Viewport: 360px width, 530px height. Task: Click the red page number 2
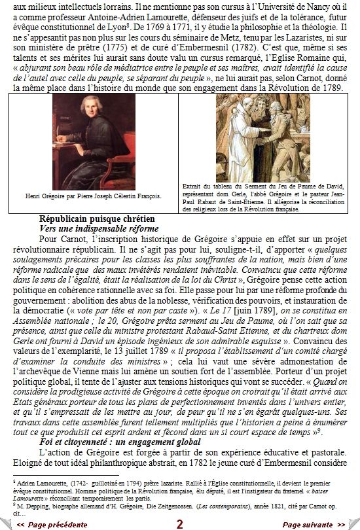click(180, 524)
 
